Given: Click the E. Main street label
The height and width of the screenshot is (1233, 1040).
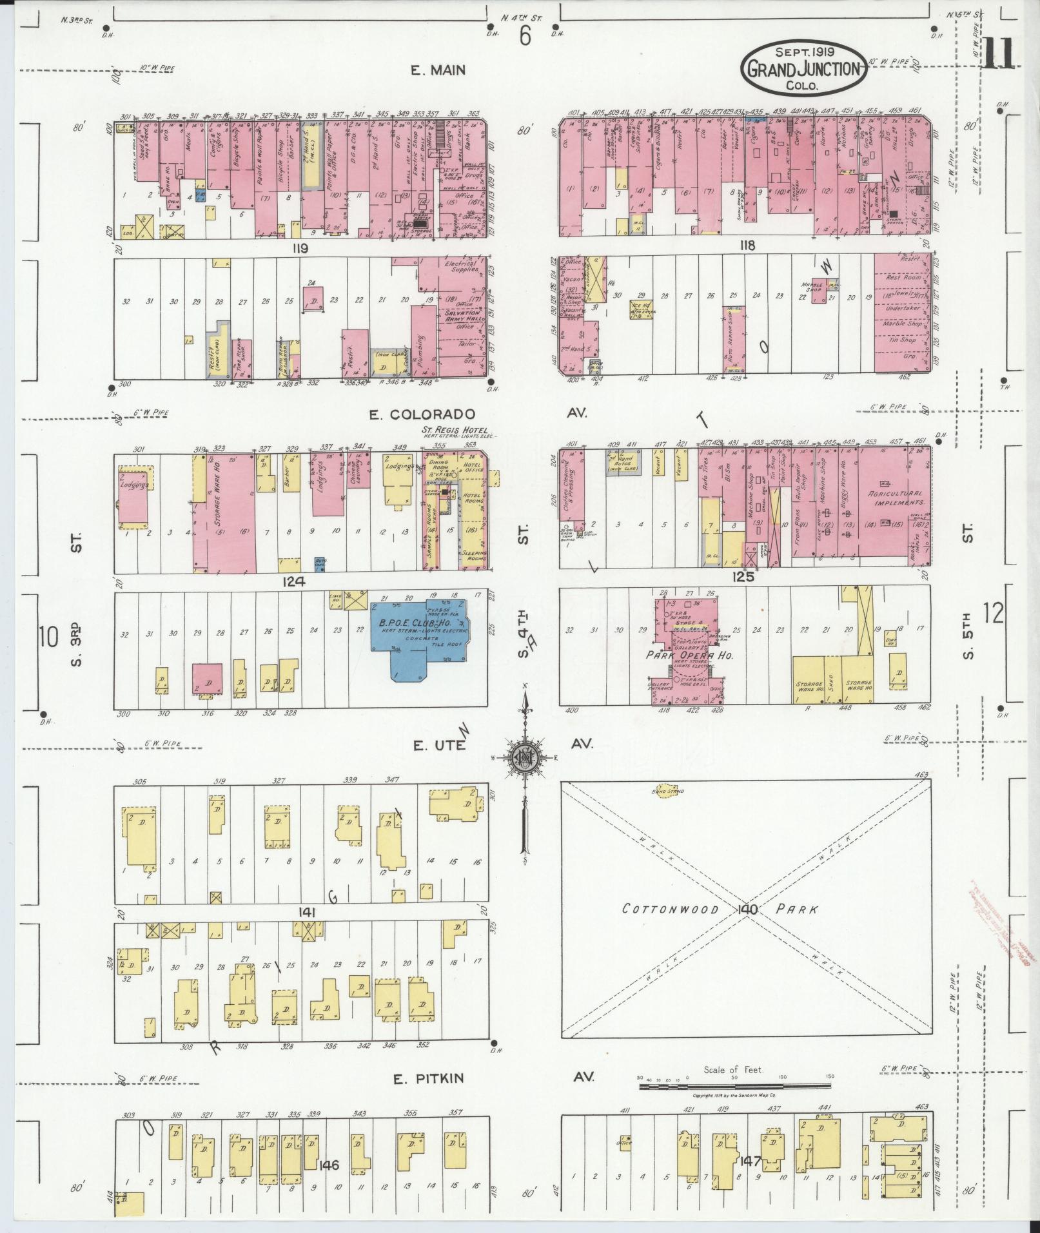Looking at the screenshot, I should pyautogui.click(x=438, y=70).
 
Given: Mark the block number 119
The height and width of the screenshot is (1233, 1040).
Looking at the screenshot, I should pyautogui.click(x=300, y=248).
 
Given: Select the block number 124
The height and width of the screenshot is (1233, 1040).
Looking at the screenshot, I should pyautogui.click(x=293, y=581).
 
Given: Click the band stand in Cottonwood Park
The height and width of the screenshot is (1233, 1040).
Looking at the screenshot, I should pyautogui.click(x=666, y=790).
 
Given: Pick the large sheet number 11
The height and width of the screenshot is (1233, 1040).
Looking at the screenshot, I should pyautogui.click(x=999, y=53).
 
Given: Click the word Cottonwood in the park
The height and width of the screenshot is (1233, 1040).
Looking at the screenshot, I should pyautogui.click(x=670, y=909).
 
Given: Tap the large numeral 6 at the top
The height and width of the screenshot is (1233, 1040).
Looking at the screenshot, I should pyautogui.click(x=525, y=37).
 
